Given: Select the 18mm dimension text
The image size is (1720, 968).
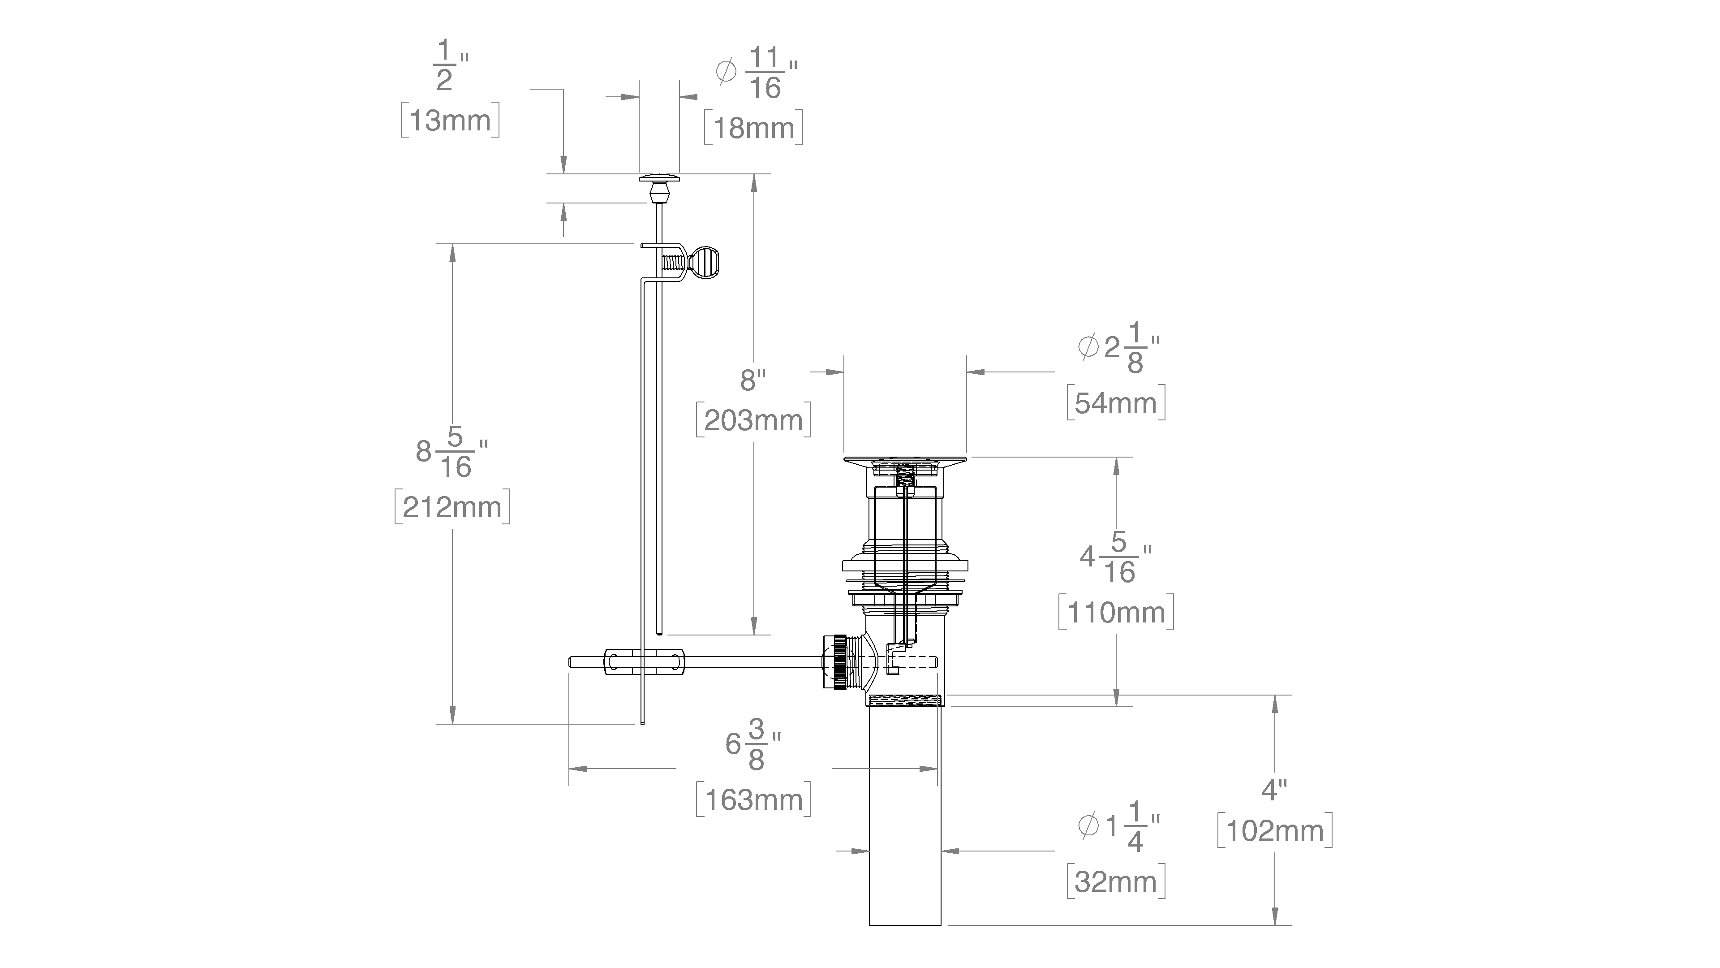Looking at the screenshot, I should (x=753, y=128).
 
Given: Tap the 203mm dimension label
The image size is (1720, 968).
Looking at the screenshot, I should (x=753, y=421).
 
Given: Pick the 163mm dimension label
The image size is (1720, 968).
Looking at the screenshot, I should (x=753, y=799).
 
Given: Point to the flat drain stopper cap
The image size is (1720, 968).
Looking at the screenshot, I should (x=905, y=462).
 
